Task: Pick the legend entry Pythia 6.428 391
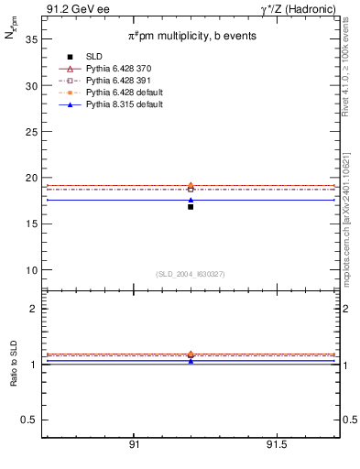(x=112, y=81)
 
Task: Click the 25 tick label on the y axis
(x=31, y=132)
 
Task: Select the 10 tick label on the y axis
(x=31, y=270)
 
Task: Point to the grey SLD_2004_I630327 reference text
(x=191, y=274)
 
